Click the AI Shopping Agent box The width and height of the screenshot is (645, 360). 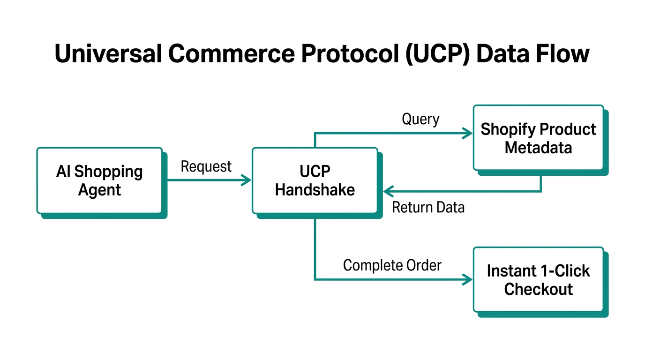pyautogui.click(x=99, y=180)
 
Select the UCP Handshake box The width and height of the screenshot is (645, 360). pyautogui.click(x=315, y=180)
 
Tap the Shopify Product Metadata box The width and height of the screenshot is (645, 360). pyautogui.click(x=538, y=138)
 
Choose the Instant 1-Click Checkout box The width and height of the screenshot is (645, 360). pyautogui.click(x=538, y=279)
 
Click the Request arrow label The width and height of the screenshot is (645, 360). pyautogui.click(x=206, y=166)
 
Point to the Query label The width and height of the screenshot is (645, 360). pyautogui.click(x=420, y=119)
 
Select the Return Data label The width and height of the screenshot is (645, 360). pyautogui.click(x=428, y=207)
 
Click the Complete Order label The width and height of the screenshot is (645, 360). pyautogui.click(x=392, y=265)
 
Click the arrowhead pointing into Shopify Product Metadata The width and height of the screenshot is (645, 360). pyautogui.click(x=468, y=134)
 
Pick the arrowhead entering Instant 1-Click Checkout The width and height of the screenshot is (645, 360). pyautogui.click(x=468, y=280)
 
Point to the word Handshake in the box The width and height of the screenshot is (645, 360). pyautogui.click(x=315, y=190)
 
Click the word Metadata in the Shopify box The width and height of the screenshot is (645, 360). pyautogui.click(x=538, y=148)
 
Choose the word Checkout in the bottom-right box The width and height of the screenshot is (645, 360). pyautogui.click(x=538, y=289)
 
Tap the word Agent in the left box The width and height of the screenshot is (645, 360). pyautogui.click(x=99, y=190)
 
